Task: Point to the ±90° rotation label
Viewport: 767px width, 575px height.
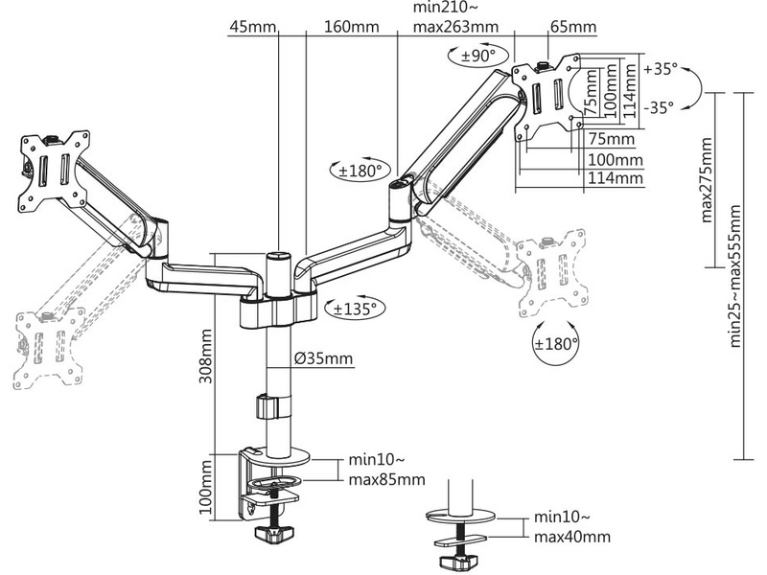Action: pos(478,57)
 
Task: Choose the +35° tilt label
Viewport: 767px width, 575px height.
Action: pos(661,69)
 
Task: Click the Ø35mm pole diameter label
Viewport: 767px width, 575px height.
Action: pos(324,359)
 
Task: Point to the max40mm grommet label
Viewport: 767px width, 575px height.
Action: pos(571,538)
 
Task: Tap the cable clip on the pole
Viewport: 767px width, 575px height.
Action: pos(267,404)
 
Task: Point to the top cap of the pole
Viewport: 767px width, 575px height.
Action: pos(277,256)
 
